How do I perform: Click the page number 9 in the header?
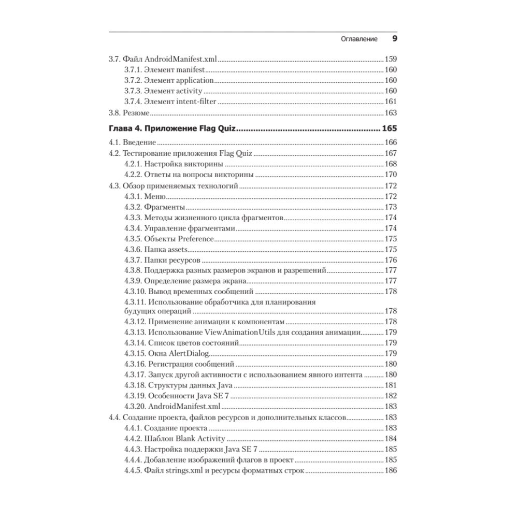coord(394,39)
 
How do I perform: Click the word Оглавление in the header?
coord(354,39)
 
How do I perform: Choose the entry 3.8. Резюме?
coord(129,112)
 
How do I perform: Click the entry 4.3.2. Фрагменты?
coord(155,207)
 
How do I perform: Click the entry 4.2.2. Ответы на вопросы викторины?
coord(189,175)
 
